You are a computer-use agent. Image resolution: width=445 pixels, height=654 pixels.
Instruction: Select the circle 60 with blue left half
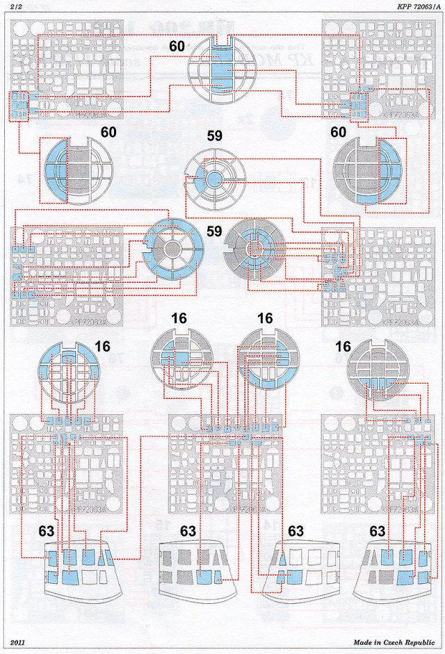pyautogui.click(x=77, y=171)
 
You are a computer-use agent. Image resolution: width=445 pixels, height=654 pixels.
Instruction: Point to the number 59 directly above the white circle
pyautogui.click(x=215, y=137)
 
